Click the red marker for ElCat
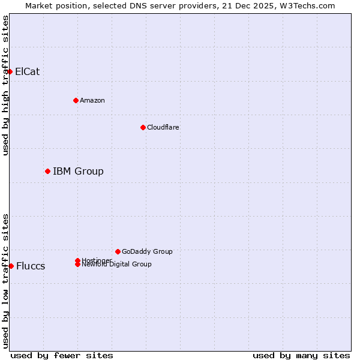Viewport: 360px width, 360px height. [x=10, y=71]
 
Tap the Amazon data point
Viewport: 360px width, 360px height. [x=76, y=100]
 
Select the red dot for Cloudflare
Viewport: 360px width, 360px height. [x=143, y=127]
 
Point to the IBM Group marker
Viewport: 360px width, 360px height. [x=47, y=171]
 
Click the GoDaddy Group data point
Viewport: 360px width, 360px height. [x=118, y=251]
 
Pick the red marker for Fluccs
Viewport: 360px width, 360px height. [x=11, y=266]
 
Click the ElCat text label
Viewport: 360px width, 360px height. [x=28, y=71]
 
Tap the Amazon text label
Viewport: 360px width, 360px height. [x=92, y=100]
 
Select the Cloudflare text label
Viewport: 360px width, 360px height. [x=163, y=127]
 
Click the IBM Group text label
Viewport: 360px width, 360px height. [x=78, y=171]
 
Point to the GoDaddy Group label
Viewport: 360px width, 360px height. [x=147, y=251]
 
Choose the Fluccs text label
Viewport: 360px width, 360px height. [x=31, y=266]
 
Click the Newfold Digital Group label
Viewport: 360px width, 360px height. [x=117, y=265]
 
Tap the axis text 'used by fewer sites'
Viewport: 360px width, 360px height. [x=62, y=355]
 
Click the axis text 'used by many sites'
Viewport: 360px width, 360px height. [x=301, y=355]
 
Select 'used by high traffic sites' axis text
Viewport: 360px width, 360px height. [x=5, y=85]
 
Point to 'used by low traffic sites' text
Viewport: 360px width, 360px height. [x=5, y=281]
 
